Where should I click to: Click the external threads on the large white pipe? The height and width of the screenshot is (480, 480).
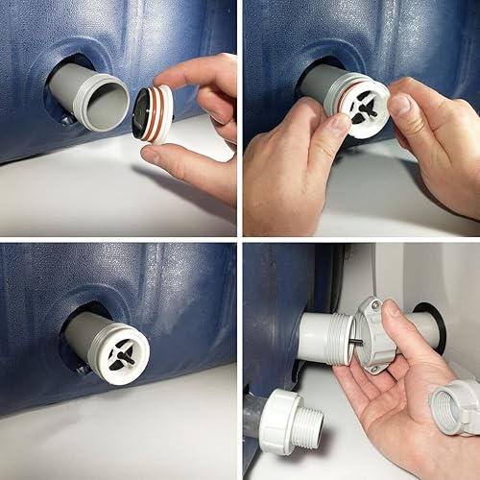point(342,341)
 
